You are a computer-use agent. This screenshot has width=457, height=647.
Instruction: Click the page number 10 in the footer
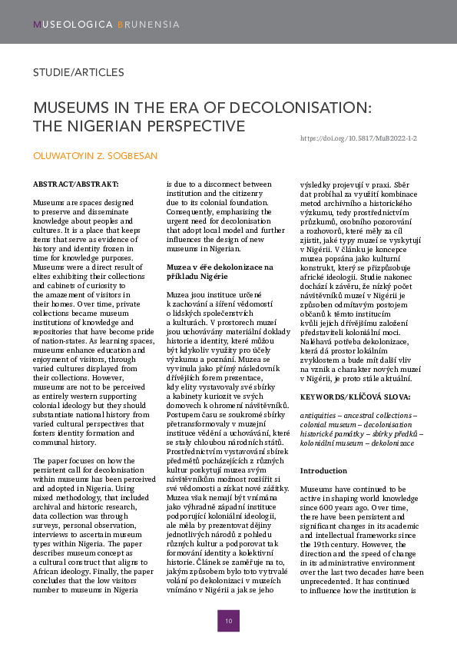click(x=228, y=620)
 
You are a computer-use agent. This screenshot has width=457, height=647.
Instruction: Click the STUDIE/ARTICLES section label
click(x=78, y=72)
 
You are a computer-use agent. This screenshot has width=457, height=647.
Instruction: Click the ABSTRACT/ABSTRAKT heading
click(x=75, y=184)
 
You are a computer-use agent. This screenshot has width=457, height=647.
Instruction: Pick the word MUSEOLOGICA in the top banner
click(x=73, y=25)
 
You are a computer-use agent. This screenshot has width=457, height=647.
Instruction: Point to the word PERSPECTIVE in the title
click(x=190, y=124)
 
